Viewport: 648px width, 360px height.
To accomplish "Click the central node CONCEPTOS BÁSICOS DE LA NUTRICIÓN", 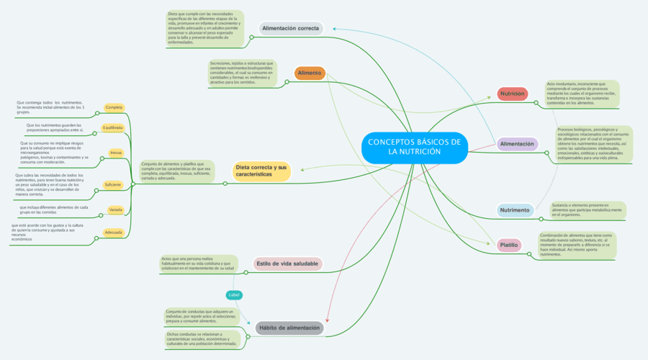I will coord(414,146).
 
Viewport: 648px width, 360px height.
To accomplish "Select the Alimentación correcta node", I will coord(290,29).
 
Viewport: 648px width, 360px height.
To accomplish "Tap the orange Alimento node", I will coord(310,73).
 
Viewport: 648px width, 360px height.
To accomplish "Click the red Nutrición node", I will coord(513,94).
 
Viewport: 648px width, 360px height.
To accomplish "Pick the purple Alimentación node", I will coord(517,144).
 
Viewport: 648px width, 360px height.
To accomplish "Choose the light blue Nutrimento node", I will coord(515,210).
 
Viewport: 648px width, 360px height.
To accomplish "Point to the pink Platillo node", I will coord(509,245).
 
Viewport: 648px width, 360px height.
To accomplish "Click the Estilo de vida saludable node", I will coord(288,264).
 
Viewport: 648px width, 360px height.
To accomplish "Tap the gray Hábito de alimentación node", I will coord(289,328).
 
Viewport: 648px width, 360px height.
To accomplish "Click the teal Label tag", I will coord(235,294).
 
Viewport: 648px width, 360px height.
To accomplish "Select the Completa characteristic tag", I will coord(114,107).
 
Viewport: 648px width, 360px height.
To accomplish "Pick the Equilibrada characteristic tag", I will coord(113,127).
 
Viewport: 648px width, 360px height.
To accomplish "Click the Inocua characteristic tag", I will coord(115,153).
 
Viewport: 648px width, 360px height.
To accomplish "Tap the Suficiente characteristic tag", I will coord(113,185).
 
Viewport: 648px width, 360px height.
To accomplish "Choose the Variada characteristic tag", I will coord(115,210).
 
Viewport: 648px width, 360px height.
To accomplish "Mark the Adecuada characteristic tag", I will coord(114,233).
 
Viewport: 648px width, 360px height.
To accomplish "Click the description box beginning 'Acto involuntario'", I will coord(581,94).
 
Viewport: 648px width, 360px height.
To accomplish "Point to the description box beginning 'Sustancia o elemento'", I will coord(587,210).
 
